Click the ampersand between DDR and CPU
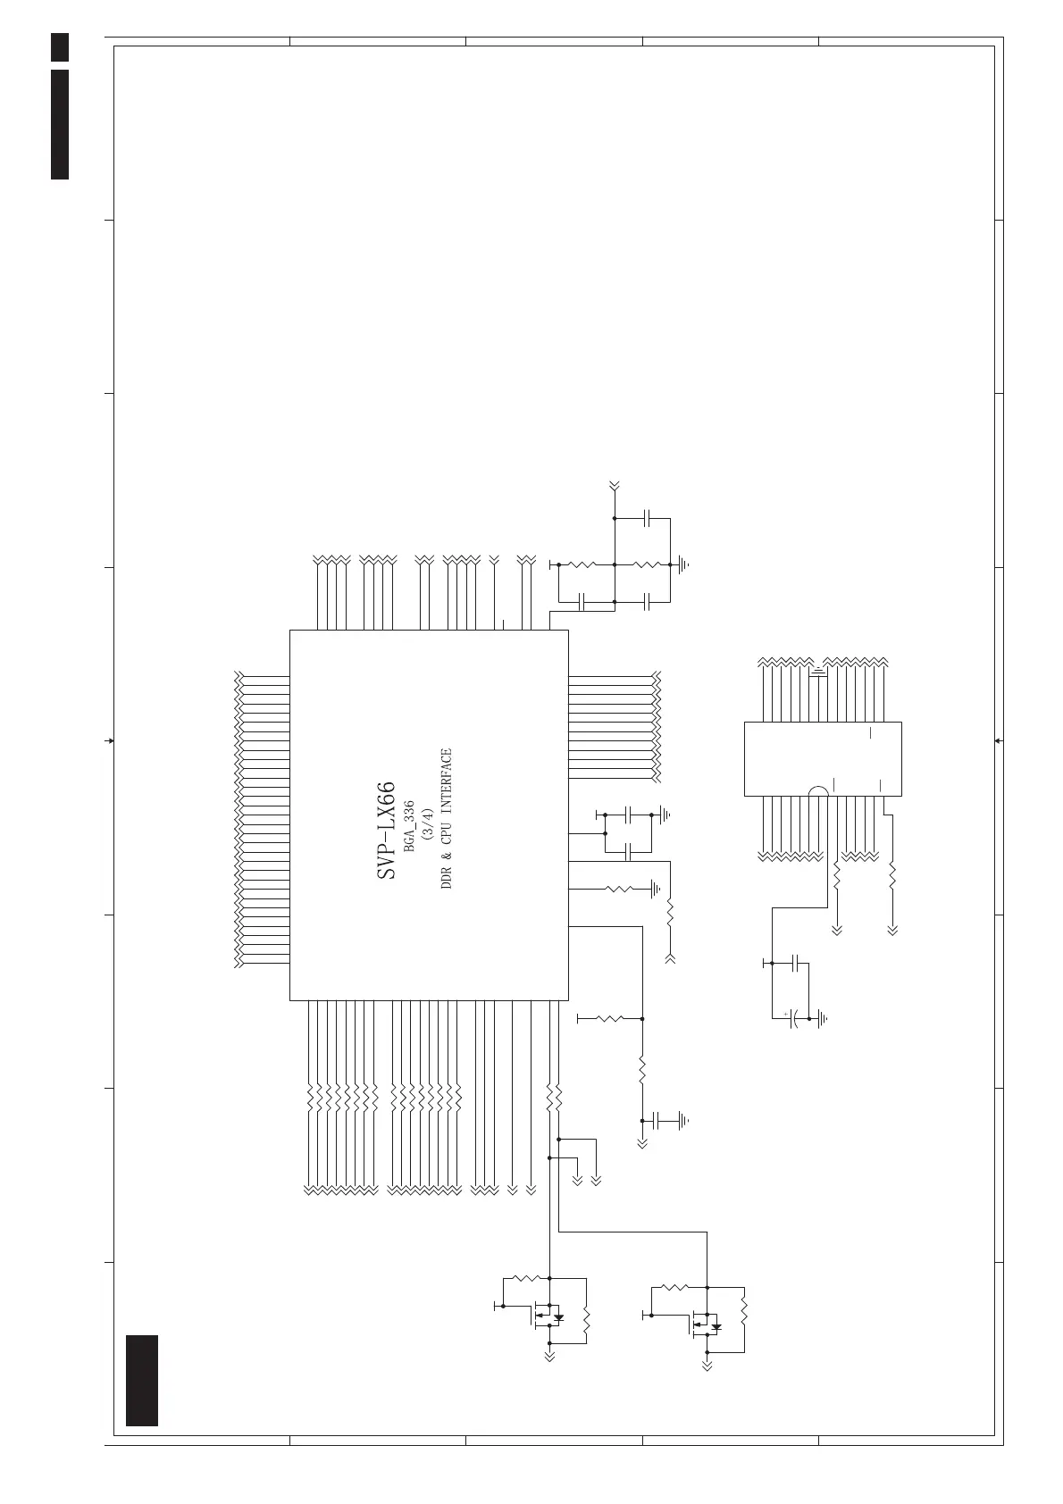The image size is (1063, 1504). [x=448, y=854]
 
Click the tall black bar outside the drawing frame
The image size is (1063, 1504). [x=60, y=123]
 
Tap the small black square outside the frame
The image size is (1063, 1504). [x=60, y=47]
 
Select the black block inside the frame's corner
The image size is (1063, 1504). [x=142, y=1380]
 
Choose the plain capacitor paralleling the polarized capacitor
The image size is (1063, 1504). [x=801, y=965]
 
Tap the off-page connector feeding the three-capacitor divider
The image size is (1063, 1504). [x=615, y=487]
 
